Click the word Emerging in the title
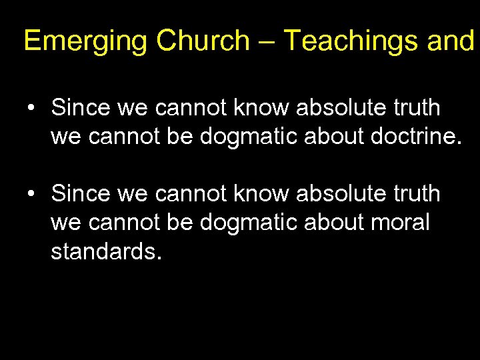coord(85,41)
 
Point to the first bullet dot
coord(31,107)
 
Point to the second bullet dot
coord(31,194)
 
